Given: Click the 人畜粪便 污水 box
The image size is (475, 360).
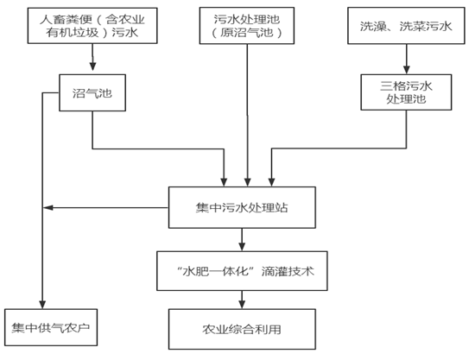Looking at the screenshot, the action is pos(92,26).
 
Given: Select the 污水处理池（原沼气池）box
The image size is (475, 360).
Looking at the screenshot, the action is pos(247,26).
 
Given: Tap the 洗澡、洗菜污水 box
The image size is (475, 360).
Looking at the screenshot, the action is pos(406,26).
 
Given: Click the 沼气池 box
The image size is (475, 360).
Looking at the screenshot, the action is pos(92,92).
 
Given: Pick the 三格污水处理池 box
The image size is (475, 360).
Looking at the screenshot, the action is pos(406,92).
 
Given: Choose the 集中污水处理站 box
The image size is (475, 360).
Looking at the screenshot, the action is pos(242,207).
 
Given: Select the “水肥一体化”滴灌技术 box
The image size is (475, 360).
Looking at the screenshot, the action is pos(242,271).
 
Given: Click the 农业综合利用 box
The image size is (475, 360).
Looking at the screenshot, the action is pos(242,329).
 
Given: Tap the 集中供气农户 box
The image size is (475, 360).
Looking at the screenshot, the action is pos(51,327).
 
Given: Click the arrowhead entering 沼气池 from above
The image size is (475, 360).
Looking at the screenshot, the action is pos(93,66).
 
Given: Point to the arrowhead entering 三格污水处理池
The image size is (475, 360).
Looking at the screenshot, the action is pos(407,70).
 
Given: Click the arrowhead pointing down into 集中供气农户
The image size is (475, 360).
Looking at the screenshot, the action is pos(42,305).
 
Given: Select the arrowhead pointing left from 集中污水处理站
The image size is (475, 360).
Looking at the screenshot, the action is pos(48,208).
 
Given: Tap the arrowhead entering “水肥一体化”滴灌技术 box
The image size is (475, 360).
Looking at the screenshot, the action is pos(242,246).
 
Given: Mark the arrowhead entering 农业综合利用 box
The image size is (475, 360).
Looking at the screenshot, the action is pos(242,304).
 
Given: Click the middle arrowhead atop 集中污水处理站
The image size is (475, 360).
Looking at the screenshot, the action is pos(248,182).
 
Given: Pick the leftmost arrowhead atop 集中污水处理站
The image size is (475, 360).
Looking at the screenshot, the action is pos(224,182).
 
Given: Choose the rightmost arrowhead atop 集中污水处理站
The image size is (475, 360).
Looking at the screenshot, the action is pos(272,182).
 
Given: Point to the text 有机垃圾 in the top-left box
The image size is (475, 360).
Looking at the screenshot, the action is pos(73,33).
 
